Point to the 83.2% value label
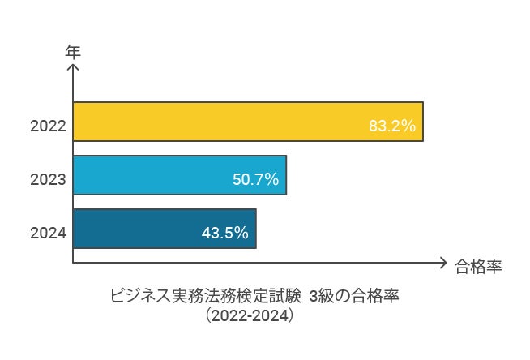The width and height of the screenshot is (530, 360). (x=391, y=126)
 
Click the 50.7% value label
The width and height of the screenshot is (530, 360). (x=255, y=180)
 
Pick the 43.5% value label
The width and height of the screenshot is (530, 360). (x=224, y=234)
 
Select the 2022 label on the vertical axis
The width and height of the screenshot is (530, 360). (x=48, y=126)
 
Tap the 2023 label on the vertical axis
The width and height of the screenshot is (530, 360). (x=48, y=180)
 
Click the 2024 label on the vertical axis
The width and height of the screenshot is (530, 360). (x=48, y=234)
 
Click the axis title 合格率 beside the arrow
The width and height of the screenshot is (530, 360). (x=478, y=266)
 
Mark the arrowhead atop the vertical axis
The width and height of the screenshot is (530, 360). (x=73, y=68)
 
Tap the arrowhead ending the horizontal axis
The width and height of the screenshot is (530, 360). (x=442, y=263)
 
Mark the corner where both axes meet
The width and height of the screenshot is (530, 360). (x=73, y=263)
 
